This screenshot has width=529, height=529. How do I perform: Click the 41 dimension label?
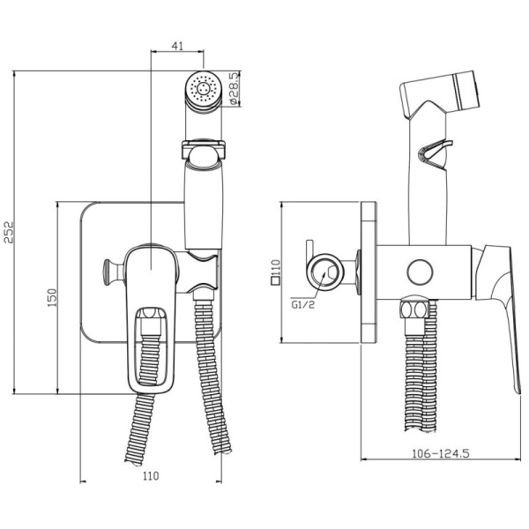click(177, 46)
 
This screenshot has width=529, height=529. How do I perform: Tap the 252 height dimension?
click(9, 232)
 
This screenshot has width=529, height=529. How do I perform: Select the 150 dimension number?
click(52, 297)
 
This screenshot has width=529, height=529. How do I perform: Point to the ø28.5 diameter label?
click(234, 88)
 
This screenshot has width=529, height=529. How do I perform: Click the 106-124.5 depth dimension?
click(441, 453)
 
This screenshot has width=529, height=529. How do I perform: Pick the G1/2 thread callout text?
click(302, 305)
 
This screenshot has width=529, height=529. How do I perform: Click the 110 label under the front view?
click(151, 476)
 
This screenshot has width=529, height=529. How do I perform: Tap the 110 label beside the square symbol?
click(276, 268)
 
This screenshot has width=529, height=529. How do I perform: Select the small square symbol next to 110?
click(276, 281)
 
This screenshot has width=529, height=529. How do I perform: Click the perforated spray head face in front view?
click(204, 89)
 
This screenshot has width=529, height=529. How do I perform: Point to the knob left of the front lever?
click(113, 272)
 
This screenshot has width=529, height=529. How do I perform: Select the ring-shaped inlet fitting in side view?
click(324, 272)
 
